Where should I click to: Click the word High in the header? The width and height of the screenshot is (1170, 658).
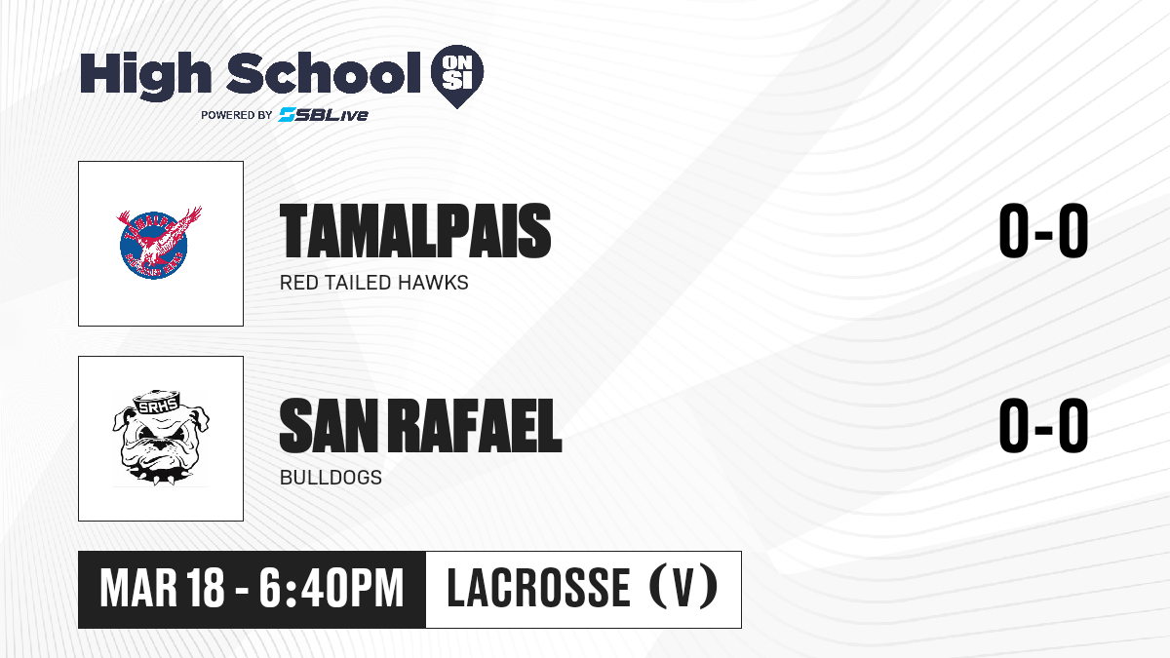pyautogui.click(x=145, y=75)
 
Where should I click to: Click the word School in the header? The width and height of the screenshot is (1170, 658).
pyautogui.click(x=324, y=73)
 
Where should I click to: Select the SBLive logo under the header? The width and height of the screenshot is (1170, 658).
pyautogui.click(x=323, y=115)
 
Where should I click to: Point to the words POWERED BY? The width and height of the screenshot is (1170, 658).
pyautogui.click(x=237, y=115)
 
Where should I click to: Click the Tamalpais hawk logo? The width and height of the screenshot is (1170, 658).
pyautogui.click(x=159, y=243)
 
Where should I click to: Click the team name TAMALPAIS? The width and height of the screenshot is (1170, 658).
pyautogui.click(x=415, y=231)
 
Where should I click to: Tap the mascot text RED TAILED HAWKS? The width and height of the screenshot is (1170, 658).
pyautogui.click(x=374, y=283)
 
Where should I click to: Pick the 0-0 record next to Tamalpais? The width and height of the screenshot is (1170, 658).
pyautogui.click(x=1043, y=231)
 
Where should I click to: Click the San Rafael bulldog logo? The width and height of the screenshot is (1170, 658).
pyautogui.click(x=160, y=438)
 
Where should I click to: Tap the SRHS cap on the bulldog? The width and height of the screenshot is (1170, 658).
pyautogui.click(x=157, y=402)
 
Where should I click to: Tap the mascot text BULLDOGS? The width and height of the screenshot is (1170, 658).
pyautogui.click(x=331, y=478)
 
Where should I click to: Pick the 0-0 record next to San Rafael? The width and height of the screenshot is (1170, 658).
pyautogui.click(x=1043, y=425)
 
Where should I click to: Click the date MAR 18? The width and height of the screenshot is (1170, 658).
pyautogui.click(x=162, y=589)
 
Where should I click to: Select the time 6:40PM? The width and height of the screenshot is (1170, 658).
pyautogui.click(x=331, y=589)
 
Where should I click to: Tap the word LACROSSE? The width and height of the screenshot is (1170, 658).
pyautogui.click(x=539, y=588)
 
